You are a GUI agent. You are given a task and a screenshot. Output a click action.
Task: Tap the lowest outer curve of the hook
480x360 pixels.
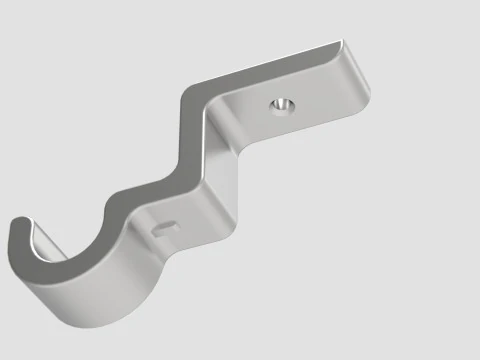click(x=100, y=320)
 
